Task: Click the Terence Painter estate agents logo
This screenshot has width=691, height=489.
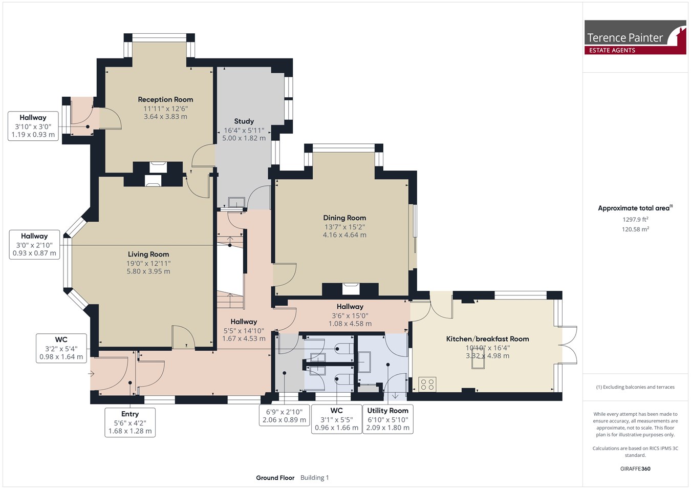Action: [x=635, y=37]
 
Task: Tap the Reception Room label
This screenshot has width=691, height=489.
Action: [x=165, y=99]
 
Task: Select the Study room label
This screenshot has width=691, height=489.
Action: [x=244, y=121]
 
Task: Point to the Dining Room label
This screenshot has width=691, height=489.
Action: [x=344, y=218]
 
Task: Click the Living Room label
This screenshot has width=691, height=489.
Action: [x=148, y=254]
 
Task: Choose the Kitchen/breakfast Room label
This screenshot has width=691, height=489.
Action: [x=487, y=339]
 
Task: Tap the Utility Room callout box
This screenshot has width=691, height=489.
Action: [x=388, y=419]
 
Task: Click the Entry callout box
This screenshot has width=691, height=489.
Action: [x=130, y=422]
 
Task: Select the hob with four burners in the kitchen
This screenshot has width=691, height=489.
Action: [x=427, y=384]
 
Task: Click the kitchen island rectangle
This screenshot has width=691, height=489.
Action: [x=478, y=357]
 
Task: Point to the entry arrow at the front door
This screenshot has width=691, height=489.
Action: [x=91, y=374]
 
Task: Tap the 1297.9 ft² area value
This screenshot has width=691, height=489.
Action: [x=635, y=219]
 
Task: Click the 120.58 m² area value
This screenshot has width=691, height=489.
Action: [x=635, y=229]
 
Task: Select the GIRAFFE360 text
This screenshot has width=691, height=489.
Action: [x=635, y=469]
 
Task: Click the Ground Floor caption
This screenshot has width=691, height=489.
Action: [x=275, y=478]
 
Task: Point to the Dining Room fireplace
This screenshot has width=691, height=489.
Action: [x=351, y=289]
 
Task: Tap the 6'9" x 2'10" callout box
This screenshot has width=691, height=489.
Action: [x=284, y=416]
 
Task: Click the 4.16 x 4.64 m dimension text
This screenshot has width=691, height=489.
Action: [x=344, y=235]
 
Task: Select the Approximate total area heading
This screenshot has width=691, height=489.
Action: [x=635, y=208]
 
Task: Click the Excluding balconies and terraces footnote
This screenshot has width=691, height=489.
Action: [x=635, y=387]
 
